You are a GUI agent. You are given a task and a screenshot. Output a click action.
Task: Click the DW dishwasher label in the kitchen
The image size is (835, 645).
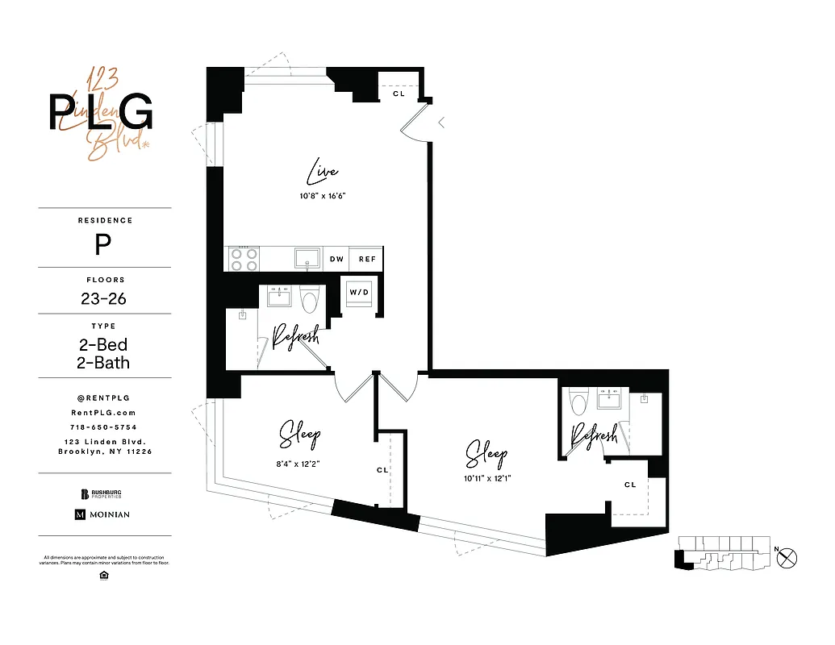[x=337, y=260]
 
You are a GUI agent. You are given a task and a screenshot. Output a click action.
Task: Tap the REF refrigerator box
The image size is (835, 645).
[x=367, y=260]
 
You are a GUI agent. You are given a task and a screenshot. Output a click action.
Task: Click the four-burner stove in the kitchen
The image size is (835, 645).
[x=244, y=259]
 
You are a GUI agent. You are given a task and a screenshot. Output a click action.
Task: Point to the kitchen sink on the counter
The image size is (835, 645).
[x=306, y=258]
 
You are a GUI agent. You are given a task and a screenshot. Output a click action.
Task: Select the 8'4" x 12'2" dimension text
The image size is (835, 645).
[x=299, y=464]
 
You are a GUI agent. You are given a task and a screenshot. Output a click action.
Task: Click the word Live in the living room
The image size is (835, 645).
[x=322, y=172]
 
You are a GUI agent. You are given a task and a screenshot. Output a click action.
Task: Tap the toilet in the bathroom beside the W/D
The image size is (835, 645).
[x=309, y=300]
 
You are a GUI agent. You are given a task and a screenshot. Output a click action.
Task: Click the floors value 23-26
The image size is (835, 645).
[x=103, y=299]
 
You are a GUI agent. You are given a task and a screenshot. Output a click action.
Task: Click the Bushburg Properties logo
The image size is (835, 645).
[x=102, y=493]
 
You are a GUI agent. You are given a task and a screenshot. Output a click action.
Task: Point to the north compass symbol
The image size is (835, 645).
[x=788, y=556]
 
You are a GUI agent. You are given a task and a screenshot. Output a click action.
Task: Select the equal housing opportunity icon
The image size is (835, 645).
[x=103, y=575]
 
